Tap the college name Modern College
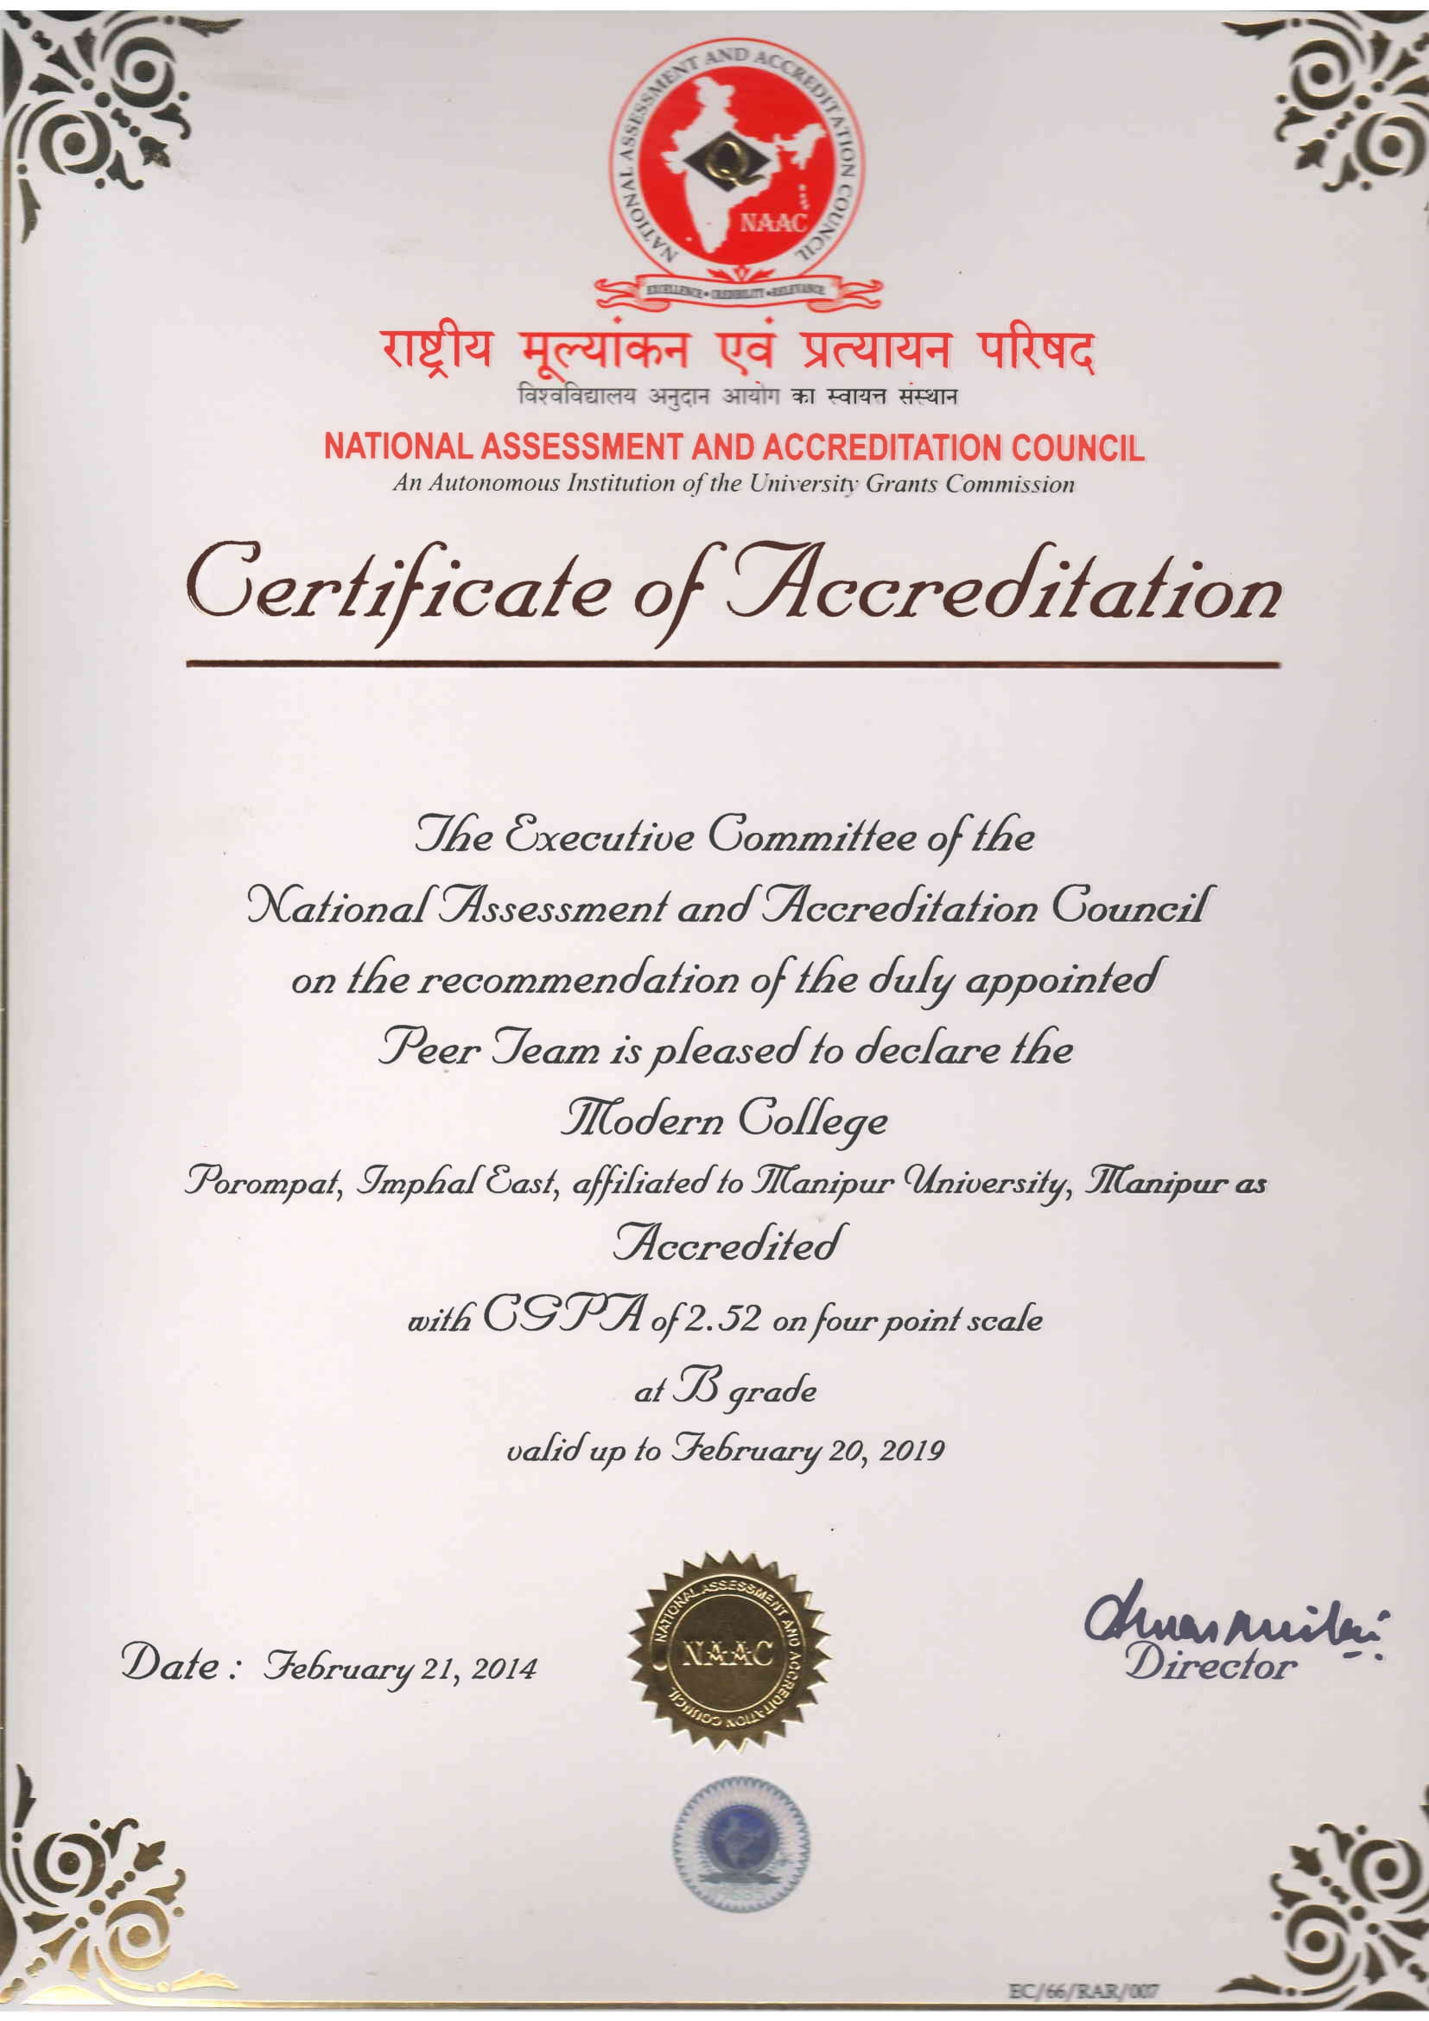click(723, 1122)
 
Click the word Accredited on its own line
click(724, 1243)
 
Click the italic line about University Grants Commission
click(733, 483)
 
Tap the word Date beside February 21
click(173, 1663)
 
